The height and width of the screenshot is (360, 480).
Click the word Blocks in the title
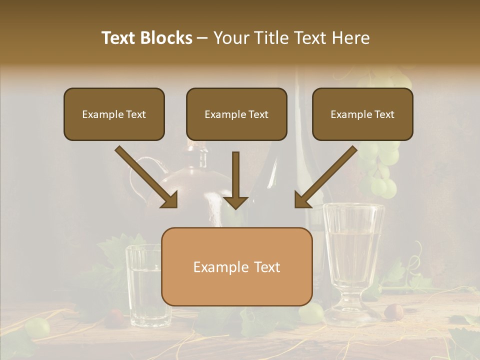tap(167, 38)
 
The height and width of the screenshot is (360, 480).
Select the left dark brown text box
tap(114, 114)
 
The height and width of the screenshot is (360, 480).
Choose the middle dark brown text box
tap(236, 114)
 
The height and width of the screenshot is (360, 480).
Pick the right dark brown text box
tap(362, 114)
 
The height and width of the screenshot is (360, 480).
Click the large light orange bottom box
tap(236, 267)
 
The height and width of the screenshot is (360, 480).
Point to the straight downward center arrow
tap(235, 180)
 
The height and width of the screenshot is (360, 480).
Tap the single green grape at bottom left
tap(37, 327)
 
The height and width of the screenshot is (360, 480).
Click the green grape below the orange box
tap(311, 313)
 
